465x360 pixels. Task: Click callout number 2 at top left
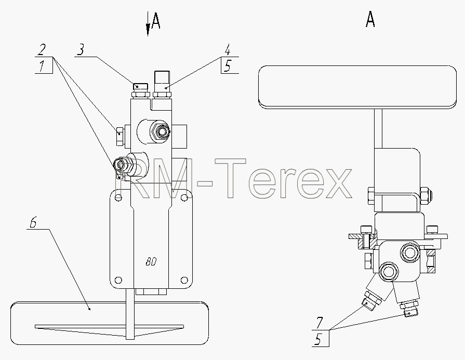tap(42, 49)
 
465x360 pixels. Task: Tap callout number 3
tap(81, 49)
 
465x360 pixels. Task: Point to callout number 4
tap(228, 50)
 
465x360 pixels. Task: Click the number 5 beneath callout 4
tap(227, 66)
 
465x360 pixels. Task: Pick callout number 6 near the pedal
tap(33, 222)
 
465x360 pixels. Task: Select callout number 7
tap(319, 323)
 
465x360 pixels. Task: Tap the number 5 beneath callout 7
tap(318, 339)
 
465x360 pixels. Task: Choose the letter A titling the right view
tap(370, 20)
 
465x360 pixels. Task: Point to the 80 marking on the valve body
tap(151, 262)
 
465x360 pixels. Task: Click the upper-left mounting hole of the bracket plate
tap(118, 196)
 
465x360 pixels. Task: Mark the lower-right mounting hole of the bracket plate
tap(184, 280)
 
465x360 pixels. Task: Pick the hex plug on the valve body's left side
tap(120, 137)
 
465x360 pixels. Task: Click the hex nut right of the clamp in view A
tap(426, 196)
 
